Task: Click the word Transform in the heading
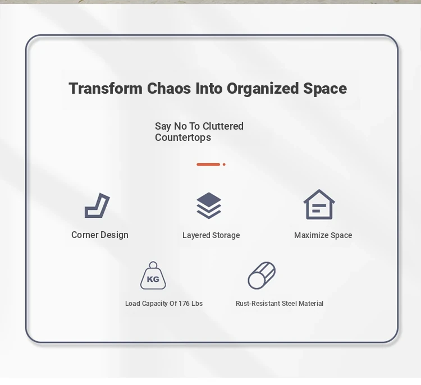pos(106,88)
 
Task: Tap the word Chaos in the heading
pos(169,88)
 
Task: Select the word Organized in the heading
pos(263,89)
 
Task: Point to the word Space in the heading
pos(325,89)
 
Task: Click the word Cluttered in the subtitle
pos(223,126)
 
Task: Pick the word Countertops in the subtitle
pos(183,137)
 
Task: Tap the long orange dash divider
pos(208,164)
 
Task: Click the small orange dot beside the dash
pos(224,164)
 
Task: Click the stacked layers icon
pos(209,205)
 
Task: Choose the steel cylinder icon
pos(262,276)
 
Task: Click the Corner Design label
pos(100,235)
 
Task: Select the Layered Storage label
pos(211,236)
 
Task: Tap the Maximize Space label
pos(323,235)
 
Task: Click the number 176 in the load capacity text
pos(184,304)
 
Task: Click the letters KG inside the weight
pos(153,279)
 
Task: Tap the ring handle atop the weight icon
pos(153,262)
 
